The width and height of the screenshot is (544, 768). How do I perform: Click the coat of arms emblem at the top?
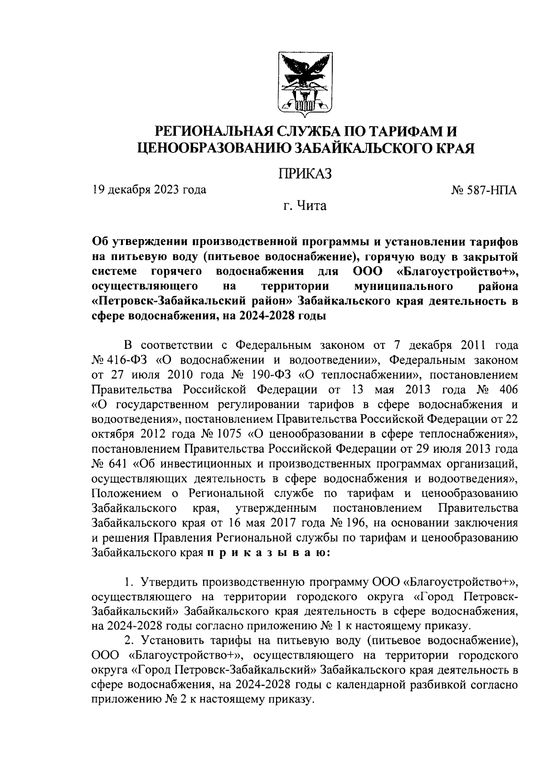304,84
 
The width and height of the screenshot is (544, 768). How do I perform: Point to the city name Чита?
311,206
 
